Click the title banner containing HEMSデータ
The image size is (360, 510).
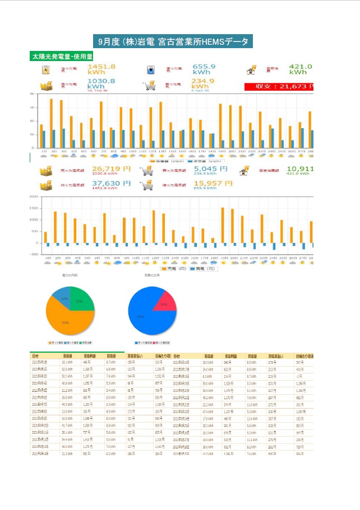tap(173, 41)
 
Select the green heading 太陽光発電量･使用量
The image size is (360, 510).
tap(62, 57)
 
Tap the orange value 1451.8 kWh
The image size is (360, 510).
tap(101, 69)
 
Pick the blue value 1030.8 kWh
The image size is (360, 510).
tap(101, 84)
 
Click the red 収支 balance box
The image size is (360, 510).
tap(279, 87)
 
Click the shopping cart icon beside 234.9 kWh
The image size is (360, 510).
tap(150, 85)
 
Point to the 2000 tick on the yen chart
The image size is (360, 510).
tap(34, 197)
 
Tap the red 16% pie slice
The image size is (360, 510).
tap(165, 303)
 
